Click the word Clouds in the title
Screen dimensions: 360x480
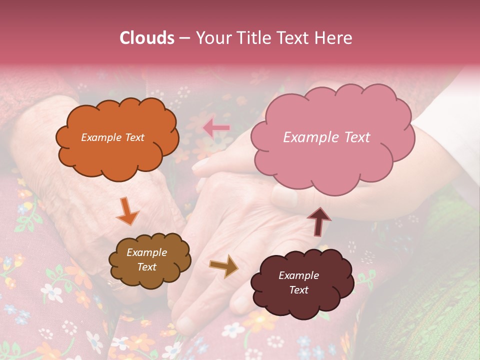tap(147, 38)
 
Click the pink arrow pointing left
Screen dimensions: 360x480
tap(216, 128)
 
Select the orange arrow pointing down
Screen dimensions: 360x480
tap(127, 211)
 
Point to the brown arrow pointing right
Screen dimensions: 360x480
tap(223, 266)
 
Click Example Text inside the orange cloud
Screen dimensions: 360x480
tap(112, 137)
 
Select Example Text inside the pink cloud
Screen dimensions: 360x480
tap(326, 137)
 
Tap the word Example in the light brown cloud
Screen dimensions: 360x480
tap(146, 252)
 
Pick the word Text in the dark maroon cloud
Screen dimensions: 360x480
tap(298, 290)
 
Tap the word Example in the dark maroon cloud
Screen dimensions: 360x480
tap(298, 275)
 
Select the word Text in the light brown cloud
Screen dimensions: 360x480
tap(146, 267)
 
